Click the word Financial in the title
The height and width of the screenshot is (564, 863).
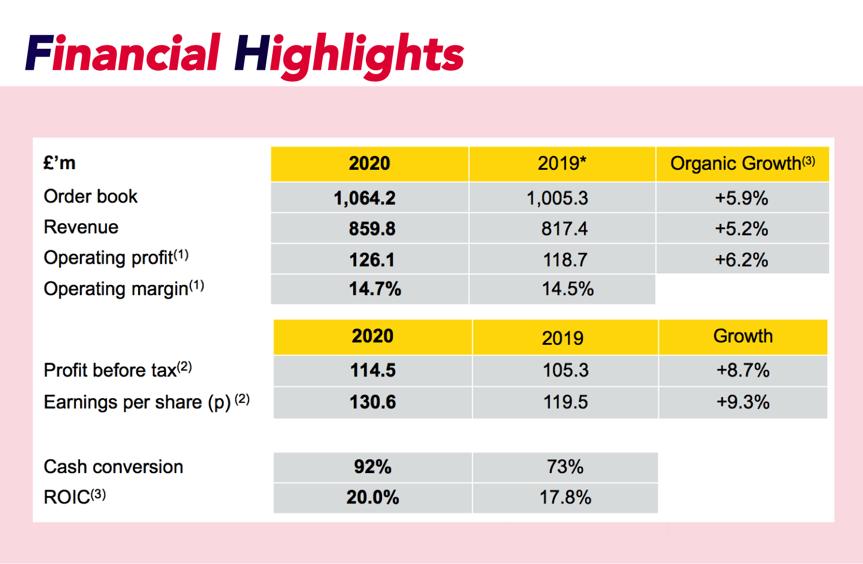point(123,54)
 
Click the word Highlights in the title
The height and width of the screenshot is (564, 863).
point(349,55)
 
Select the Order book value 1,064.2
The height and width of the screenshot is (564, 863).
point(365,198)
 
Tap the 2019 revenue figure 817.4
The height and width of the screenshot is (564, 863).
point(564,228)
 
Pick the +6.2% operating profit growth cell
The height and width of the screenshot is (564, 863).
point(741,260)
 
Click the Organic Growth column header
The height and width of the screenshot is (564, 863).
point(742,163)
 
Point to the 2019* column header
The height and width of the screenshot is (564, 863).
point(562,163)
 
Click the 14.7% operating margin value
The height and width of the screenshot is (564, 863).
point(375,288)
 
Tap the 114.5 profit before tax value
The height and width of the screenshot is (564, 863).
point(373,370)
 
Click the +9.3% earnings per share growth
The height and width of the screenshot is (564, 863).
point(743,402)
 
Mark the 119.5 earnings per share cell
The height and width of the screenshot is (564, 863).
point(565,402)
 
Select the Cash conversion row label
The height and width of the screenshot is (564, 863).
point(113,466)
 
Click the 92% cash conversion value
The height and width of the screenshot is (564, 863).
point(372,466)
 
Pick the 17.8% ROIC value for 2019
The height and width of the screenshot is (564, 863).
point(565,497)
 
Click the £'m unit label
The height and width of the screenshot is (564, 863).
point(59,163)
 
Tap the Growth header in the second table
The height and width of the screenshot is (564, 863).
point(743,336)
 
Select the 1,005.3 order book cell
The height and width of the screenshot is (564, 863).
point(557,198)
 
